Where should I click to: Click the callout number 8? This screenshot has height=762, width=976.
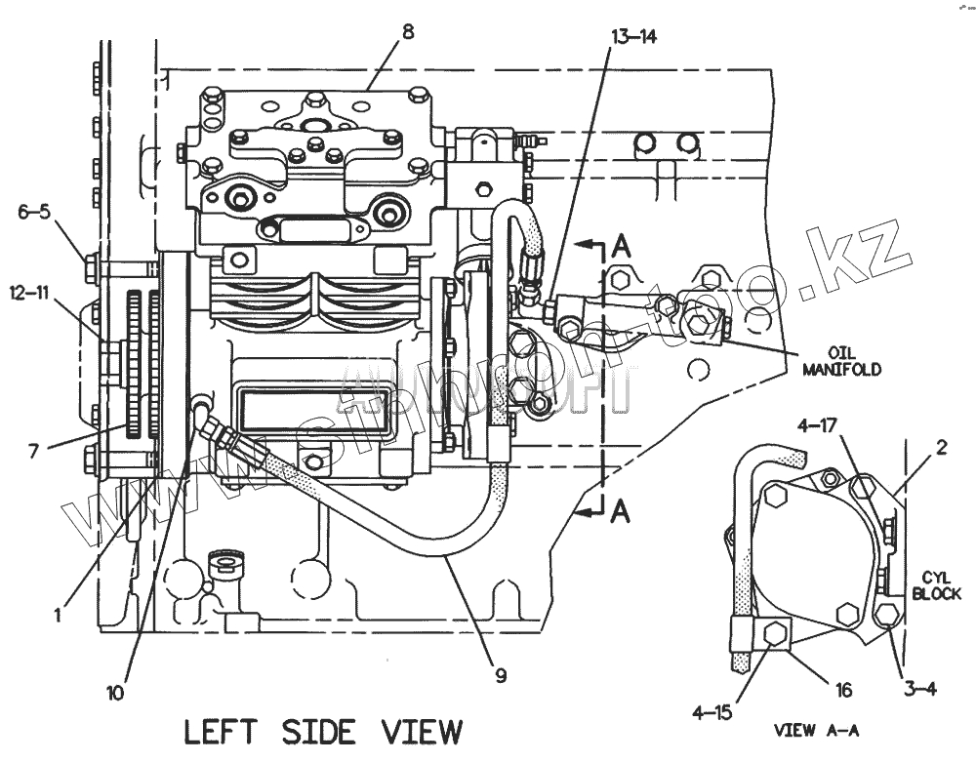(408, 31)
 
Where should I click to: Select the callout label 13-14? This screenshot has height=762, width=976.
(635, 37)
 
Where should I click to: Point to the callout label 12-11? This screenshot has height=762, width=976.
(29, 292)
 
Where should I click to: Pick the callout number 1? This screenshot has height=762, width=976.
(59, 615)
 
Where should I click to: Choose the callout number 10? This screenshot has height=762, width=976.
(115, 694)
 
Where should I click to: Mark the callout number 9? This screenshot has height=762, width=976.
(501, 674)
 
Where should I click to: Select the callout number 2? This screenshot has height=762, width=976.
(942, 449)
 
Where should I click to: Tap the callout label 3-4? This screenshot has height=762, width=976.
(919, 689)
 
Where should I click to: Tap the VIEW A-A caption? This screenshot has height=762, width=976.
(815, 729)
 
